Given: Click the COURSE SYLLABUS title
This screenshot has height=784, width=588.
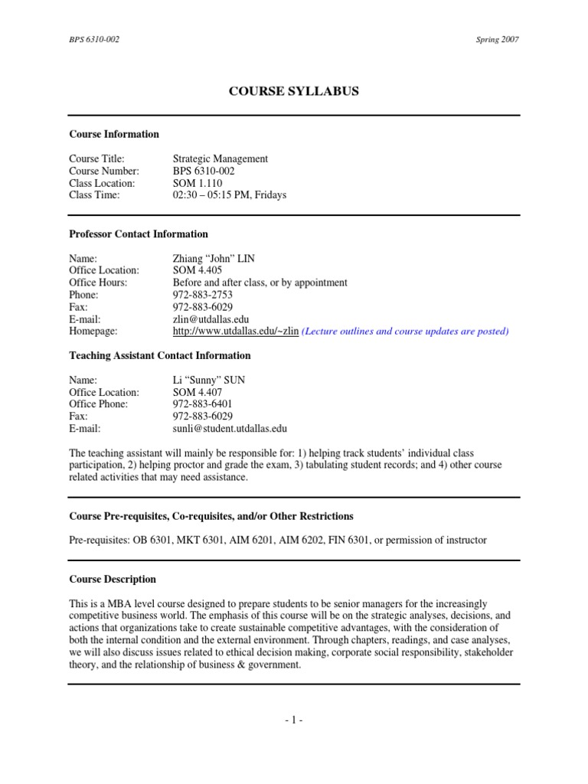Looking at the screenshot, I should click(x=294, y=92).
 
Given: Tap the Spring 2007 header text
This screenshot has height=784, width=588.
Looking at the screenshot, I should click(x=497, y=40).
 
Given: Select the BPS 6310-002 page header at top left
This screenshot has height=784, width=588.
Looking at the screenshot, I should click(x=95, y=40).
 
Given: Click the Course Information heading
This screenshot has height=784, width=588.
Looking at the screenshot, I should click(x=114, y=134).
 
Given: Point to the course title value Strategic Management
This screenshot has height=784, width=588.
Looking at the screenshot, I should click(x=220, y=158).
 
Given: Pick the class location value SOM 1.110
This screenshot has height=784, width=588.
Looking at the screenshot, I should click(x=198, y=183).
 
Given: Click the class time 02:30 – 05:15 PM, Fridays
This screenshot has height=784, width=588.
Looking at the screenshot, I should click(x=230, y=195).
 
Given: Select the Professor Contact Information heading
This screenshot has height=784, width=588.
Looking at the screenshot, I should click(x=139, y=234).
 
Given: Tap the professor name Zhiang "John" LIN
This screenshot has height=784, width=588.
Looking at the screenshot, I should click(x=214, y=258).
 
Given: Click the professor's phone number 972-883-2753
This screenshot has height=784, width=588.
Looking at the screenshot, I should click(x=203, y=295).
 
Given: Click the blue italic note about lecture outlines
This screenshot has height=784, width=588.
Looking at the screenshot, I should click(x=405, y=332).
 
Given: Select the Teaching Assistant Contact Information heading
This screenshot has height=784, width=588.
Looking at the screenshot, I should click(x=160, y=355).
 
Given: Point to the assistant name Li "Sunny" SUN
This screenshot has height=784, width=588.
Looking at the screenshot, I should click(x=209, y=380).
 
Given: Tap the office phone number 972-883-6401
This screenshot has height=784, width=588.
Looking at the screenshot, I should click(x=203, y=404).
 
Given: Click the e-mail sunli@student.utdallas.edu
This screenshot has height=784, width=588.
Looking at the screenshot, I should click(x=230, y=429).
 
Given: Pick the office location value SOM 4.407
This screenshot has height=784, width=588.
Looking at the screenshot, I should click(x=198, y=392).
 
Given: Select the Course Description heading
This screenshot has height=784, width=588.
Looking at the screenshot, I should click(x=113, y=580).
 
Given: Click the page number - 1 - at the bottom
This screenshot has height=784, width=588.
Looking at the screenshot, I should click(x=294, y=720).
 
